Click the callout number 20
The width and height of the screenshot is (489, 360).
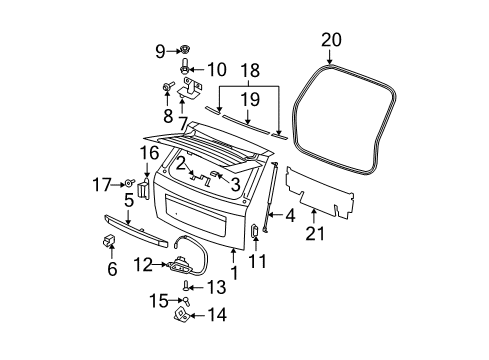pyautogui.click(x=331, y=40)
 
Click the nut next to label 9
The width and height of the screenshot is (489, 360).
pyautogui.click(x=185, y=50)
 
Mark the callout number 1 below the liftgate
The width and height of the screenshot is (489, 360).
pyautogui.click(x=233, y=270)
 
